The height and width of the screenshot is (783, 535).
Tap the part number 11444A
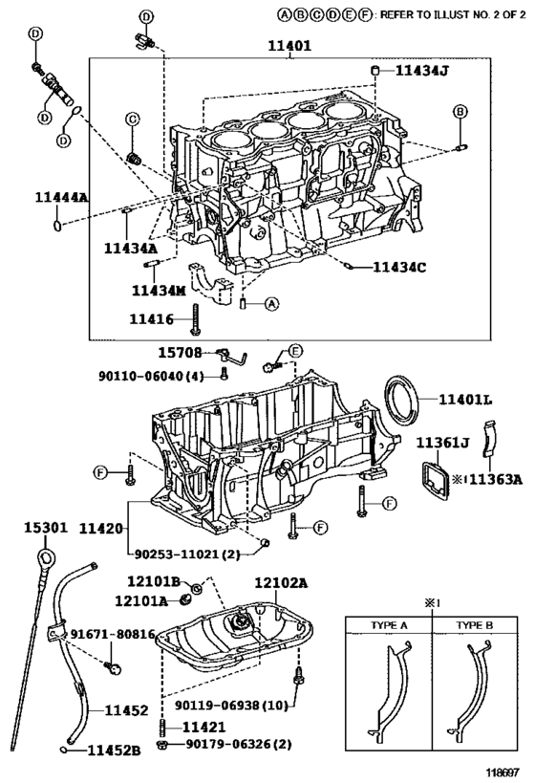tap(60, 197)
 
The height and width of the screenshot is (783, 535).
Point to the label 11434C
tap(398, 267)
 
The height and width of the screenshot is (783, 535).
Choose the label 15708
tap(180, 354)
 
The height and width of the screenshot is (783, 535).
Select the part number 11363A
tap(492, 480)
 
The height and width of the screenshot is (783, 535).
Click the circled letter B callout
tap(460, 112)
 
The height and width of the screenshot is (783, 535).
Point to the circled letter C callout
tap(133, 119)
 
